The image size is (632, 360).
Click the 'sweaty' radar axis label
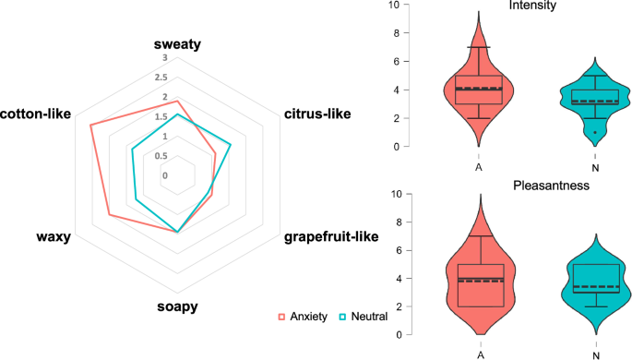(x=177, y=44)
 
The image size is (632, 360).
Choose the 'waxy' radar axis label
(x=54, y=237)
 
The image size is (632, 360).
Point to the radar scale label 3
(x=163, y=58)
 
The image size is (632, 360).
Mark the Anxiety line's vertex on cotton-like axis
(x=90, y=125)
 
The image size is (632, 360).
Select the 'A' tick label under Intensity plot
(x=479, y=167)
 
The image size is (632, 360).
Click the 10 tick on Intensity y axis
(x=394, y=6)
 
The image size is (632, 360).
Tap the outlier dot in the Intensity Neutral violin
(x=595, y=132)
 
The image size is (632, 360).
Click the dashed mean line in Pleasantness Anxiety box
(x=479, y=281)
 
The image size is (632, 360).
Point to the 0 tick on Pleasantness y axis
(x=397, y=335)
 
